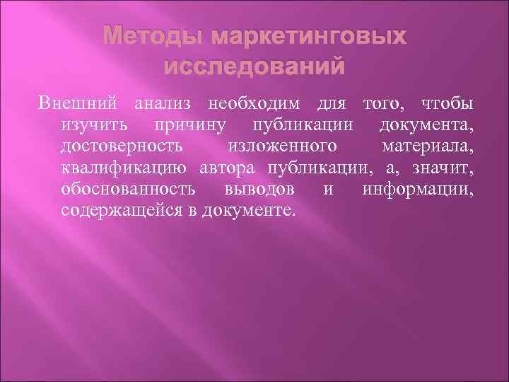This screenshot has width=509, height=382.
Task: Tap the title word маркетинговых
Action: [x=308, y=37]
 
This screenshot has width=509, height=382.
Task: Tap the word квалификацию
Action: [x=124, y=169]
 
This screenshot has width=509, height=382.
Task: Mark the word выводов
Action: [x=262, y=190]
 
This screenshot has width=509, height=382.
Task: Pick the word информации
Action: [x=417, y=190]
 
